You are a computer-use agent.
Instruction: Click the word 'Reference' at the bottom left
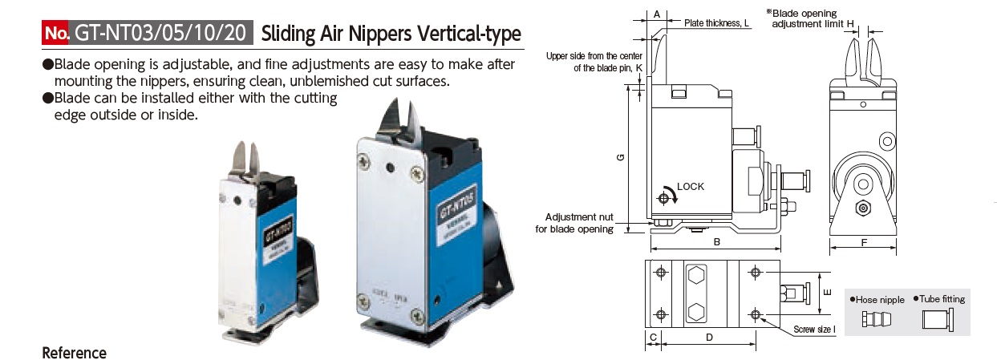point(74,353)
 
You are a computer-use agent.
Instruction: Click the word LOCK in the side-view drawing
point(690,187)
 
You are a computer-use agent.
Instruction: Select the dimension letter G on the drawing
point(620,158)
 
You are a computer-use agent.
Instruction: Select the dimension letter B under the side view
point(715,241)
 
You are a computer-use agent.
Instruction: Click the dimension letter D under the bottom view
point(710,338)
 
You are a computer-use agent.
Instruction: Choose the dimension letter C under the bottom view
point(654,338)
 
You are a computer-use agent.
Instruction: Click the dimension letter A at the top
point(656,14)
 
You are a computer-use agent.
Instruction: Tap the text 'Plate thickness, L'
point(717,24)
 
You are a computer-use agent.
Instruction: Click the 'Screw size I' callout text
point(814,330)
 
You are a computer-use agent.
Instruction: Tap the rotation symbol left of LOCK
point(667,196)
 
